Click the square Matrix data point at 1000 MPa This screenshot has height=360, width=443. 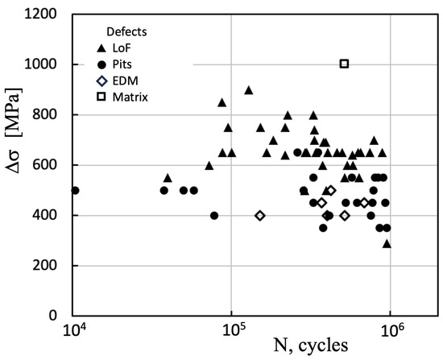tap(345, 64)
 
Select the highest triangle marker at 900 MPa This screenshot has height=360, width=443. tap(248, 89)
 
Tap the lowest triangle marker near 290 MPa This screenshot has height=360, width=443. tap(387, 242)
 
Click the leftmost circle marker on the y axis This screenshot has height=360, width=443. tap(75, 190)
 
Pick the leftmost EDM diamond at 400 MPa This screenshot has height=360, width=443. tap(260, 215)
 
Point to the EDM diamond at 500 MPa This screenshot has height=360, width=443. tap(330, 190)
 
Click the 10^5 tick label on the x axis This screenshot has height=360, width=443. tap(233, 329)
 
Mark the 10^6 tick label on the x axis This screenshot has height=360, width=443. tap(391, 329)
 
